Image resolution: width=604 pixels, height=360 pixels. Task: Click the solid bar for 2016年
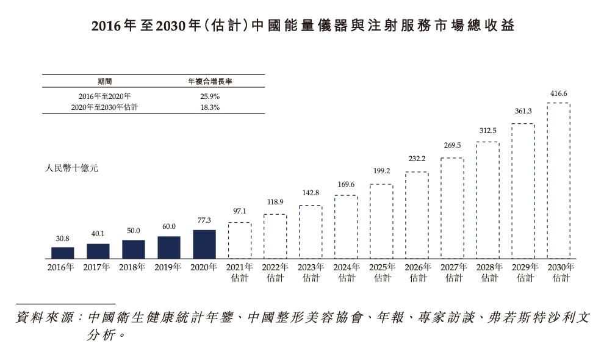click(x=62, y=252)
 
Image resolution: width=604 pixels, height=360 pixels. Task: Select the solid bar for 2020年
click(x=204, y=243)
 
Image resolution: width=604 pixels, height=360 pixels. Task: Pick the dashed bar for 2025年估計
click(x=381, y=220)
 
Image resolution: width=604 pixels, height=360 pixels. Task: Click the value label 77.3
click(x=204, y=220)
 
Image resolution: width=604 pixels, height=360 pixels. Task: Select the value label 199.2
click(x=381, y=171)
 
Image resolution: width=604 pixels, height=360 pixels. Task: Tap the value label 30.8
click(x=62, y=239)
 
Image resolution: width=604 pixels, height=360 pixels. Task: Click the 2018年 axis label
click(x=133, y=267)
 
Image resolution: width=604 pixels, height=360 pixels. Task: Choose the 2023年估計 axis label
click(x=311, y=272)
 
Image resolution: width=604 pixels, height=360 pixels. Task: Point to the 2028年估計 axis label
click(x=488, y=272)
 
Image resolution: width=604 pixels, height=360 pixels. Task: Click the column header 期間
click(x=104, y=81)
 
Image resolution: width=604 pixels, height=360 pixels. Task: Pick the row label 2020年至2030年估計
click(x=104, y=107)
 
